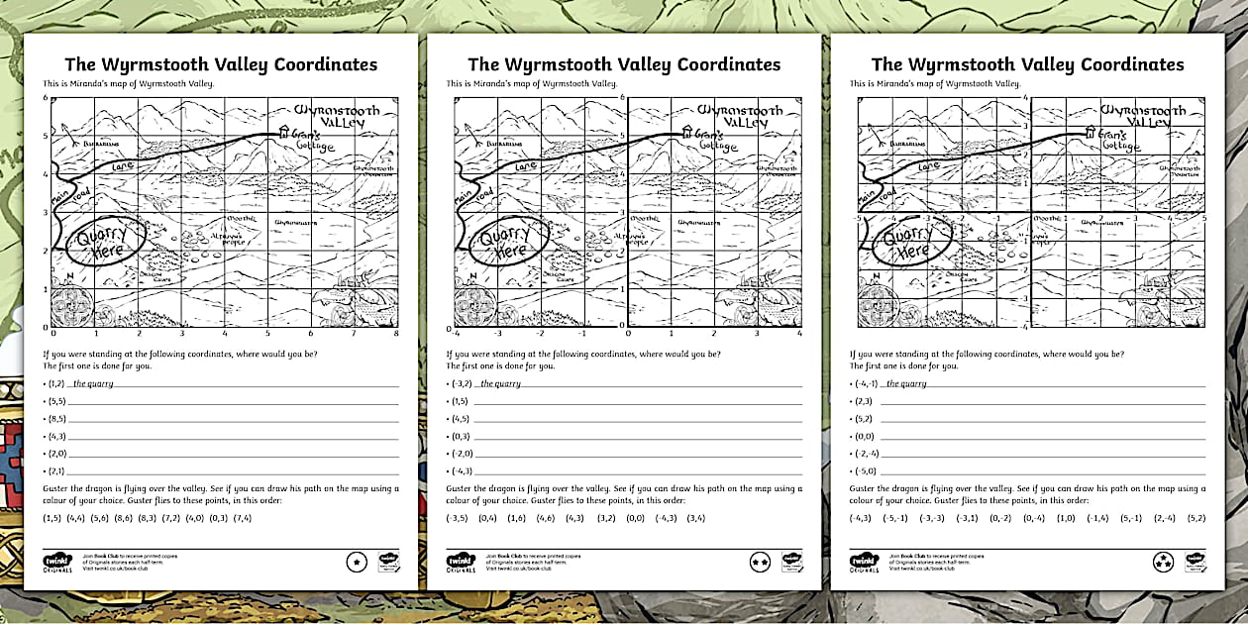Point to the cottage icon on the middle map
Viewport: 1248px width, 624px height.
coord(686,131)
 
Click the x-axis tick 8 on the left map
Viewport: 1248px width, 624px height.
coord(396,335)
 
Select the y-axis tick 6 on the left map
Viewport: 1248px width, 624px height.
coord(45,98)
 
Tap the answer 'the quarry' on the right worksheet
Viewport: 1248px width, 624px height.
coord(906,383)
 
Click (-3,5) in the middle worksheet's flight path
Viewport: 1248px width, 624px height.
coord(457,517)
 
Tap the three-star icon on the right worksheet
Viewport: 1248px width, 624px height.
coord(1163,563)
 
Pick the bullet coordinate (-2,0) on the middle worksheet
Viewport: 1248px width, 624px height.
coord(461,454)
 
